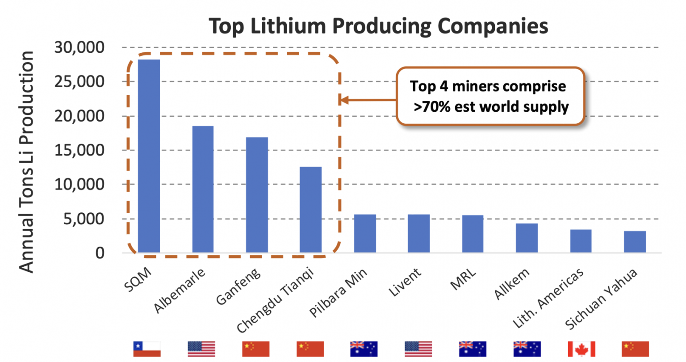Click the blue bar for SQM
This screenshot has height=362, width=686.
[x=149, y=156]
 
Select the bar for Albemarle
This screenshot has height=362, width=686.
[x=203, y=189]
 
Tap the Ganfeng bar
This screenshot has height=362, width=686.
[x=257, y=195]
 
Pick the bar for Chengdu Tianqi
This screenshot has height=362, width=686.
[x=310, y=210]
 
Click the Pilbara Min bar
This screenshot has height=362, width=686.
[x=365, y=233]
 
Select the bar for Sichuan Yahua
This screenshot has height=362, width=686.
[x=635, y=242]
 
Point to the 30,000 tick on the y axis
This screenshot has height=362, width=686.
[x=79, y=47]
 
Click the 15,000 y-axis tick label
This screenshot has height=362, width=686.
[x=79, y=150]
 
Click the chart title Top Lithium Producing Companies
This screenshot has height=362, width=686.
[x=379, y=26]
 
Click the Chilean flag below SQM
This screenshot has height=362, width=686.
[x=147, y=349]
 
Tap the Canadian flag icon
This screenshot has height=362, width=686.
[x=581, y=349]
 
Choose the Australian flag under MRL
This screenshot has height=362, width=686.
[x=473, y=349]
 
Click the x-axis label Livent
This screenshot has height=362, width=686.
[x=405, y=282]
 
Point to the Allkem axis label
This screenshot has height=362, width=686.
[x=512, y=284]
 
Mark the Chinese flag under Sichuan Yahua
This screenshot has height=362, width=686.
[x=635, y=349]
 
